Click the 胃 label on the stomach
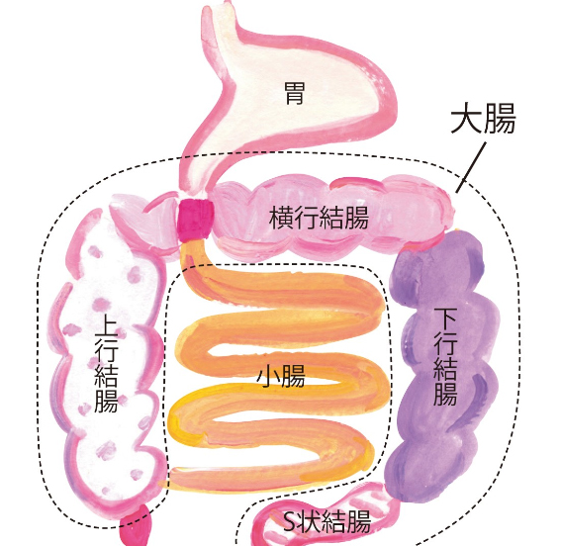(x=295, y=93)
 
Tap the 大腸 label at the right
(x=483, y=118)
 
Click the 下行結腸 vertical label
(x=445, y=356)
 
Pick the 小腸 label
(x=281, y=376)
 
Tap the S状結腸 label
(x=327, y=521)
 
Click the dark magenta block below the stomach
(x=195, y=219)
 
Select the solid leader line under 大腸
(x=472, y=167)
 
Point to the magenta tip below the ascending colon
(x=136, y=525)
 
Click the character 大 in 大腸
(x=466, y=118)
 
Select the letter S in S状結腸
(x=289, y=522)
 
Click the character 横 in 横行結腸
(x=281, y=218)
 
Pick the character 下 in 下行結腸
(x=445, y=318)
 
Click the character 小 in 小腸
(x=269, y=376)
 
